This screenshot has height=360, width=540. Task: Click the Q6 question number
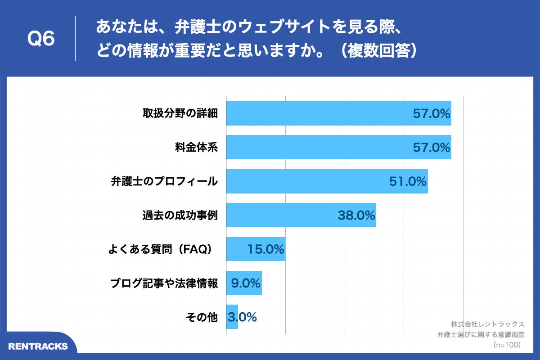(x=41, y=39)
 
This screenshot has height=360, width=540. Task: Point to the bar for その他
(x=232, y=317)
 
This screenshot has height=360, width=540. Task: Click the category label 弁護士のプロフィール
(x=164, y=181)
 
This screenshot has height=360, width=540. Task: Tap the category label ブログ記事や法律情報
(x=164, y=283)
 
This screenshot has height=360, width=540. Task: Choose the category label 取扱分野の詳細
(x=180, y=113)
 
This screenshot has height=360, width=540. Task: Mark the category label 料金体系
(x=197, y=147)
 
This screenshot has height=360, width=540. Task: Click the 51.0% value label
(x=407, y=181)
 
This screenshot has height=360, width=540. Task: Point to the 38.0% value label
(x=356, y=216)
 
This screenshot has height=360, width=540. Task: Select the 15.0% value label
(x=265, y=249)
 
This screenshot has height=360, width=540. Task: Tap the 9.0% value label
(x=246, y=283)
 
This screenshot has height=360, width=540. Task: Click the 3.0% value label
(x=243, y=317)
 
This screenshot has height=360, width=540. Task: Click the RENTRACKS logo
(x=38, y=346)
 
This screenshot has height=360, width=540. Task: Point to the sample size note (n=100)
(x=507, y=345)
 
